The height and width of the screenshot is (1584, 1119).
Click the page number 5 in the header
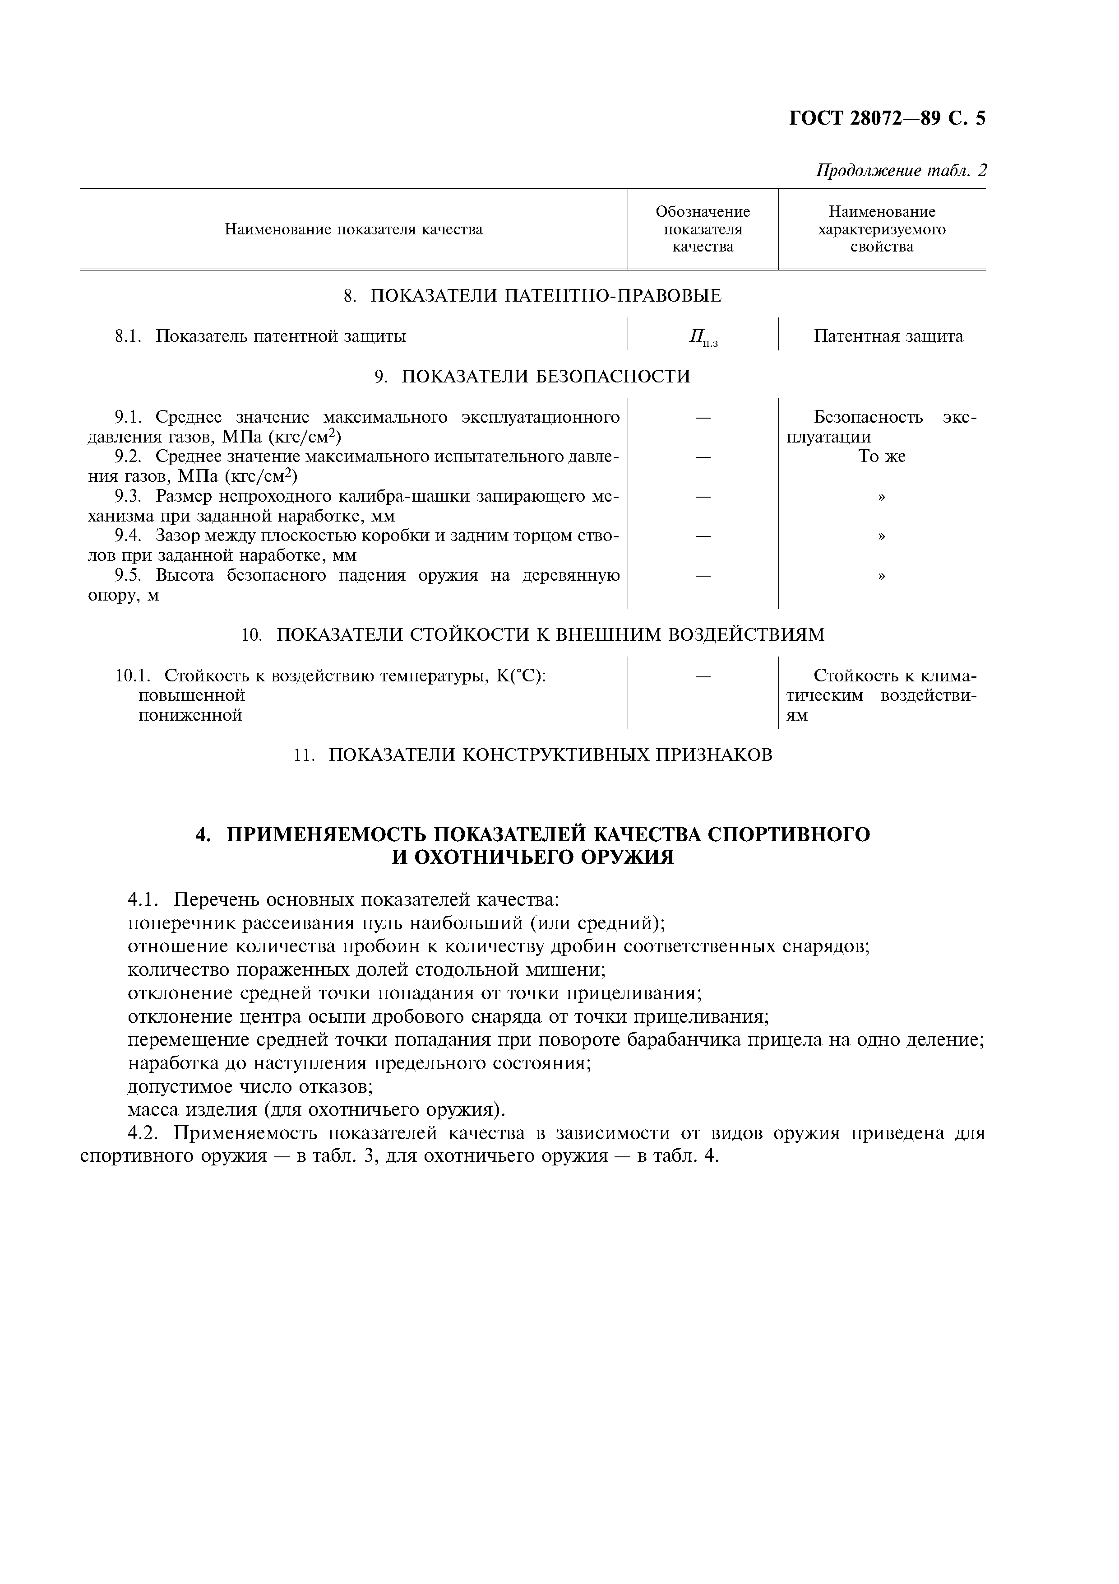point(980,119)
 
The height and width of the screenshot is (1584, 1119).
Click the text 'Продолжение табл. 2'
point(901,170)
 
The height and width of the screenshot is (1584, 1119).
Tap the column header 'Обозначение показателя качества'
point(702,229)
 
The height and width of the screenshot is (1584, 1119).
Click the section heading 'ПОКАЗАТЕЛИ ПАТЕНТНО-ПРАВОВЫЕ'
point(546,296)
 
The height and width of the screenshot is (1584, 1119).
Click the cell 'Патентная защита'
point(888,337)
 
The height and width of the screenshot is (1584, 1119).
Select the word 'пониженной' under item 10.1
point(190,715)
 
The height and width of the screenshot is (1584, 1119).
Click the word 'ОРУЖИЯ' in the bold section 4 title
point(628,858)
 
